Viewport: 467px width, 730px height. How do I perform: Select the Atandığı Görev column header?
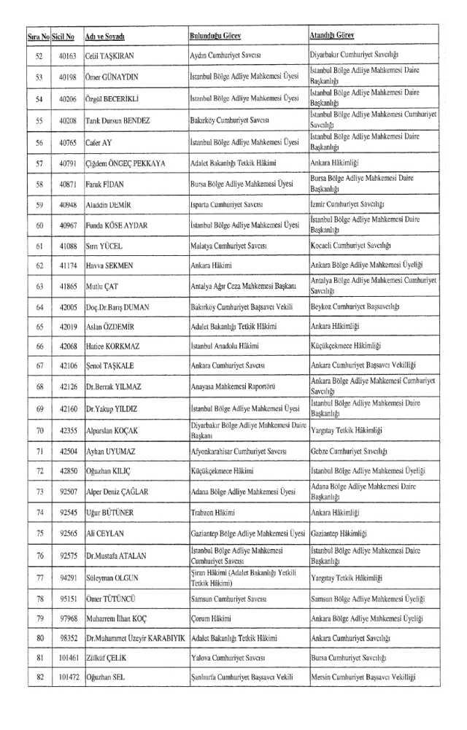point(333,35)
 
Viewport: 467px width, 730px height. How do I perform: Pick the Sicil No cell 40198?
point(69,77)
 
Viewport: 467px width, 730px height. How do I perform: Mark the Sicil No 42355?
point(69,430)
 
